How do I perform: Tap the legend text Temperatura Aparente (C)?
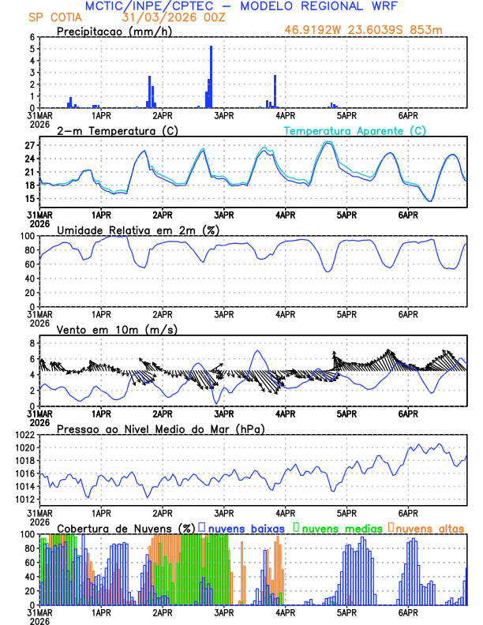pos(354,131)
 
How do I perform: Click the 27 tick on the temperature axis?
pos(29,145)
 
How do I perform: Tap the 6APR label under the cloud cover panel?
pos(408,612)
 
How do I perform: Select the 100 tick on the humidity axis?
pos(26,236)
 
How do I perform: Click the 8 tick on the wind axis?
pos(32,343)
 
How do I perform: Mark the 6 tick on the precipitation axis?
pos(32,37)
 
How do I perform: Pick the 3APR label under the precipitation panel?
pos(224,114)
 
